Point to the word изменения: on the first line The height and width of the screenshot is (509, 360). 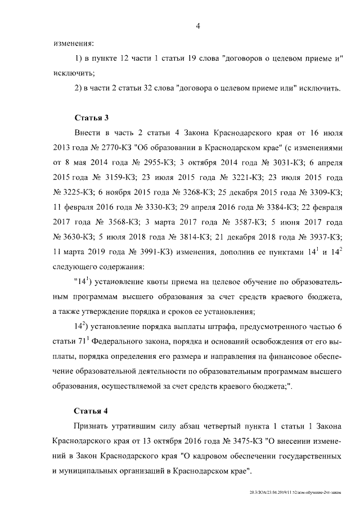click(x=73, y=44)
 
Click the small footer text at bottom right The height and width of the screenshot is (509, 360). click(x=298, y=492)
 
